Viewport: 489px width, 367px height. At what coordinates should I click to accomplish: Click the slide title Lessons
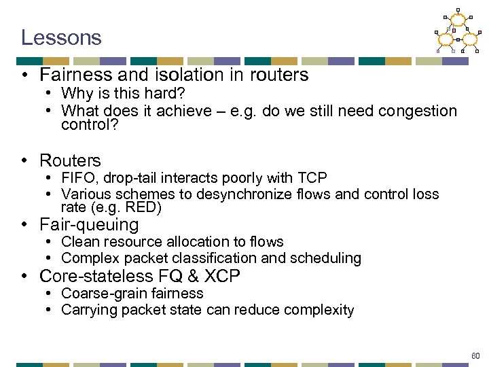(x=61, y=37)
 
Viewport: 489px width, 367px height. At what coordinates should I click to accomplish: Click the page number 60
(x=475, y=355)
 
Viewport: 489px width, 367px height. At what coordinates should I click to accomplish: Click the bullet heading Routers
(x=70, y=161)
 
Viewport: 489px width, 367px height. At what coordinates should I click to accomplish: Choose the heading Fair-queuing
(x=89, y=225)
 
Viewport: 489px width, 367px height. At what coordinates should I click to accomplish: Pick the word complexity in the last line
(x=319, y=311)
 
